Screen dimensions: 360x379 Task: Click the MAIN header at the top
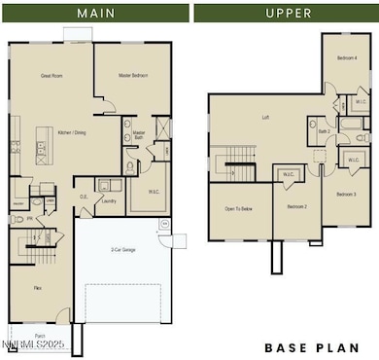(x=93, y=13)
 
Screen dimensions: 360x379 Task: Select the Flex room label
(x=38, y=289)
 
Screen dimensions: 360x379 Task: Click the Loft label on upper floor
(x=264, y=118)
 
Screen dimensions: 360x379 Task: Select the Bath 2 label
(x=324, y=129)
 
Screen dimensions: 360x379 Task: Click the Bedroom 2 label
(x=296, y=207)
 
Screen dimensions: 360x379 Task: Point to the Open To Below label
(x=239, y=207)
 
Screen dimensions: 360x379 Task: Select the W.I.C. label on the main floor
(x=154, y=192)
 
